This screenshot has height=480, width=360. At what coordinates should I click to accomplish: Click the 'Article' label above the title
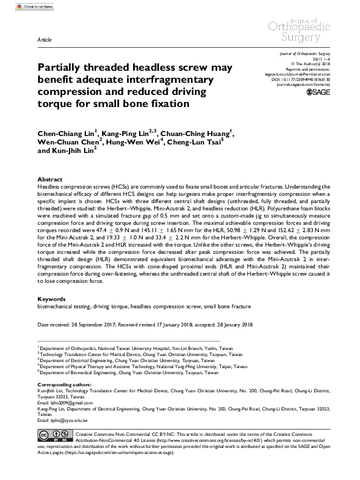pyautogui.click(x=44, y=38)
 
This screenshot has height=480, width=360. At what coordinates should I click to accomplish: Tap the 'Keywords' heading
pyautogui.click(x=52, y=299)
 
